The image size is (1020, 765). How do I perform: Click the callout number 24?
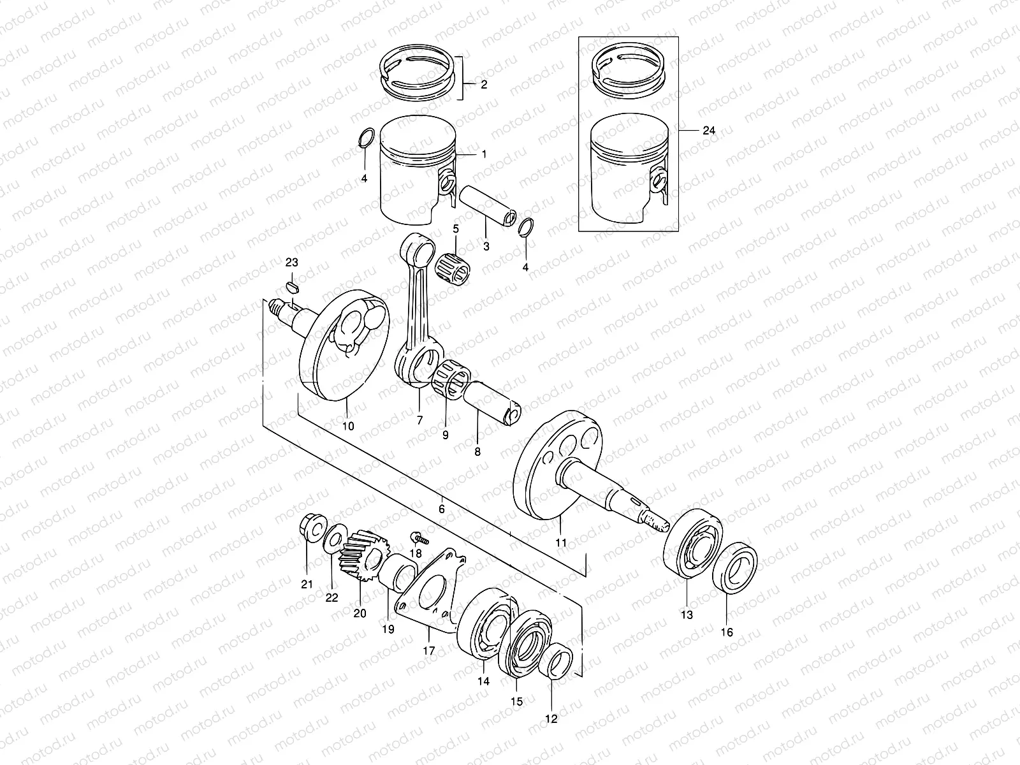pyautogui.click(x=709, y=130)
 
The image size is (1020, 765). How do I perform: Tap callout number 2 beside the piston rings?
pyautogui.click(x=484, y=85)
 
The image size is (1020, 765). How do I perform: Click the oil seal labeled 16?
pyautogui.click(x=738, y=567)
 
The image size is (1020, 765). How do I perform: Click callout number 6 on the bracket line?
pyautogui.click(x=441, y=508)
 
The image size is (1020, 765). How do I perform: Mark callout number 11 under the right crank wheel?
pyautogui.click(x=561, y=543)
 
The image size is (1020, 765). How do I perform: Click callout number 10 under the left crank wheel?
pyautogui.click(x=348, y=425)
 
